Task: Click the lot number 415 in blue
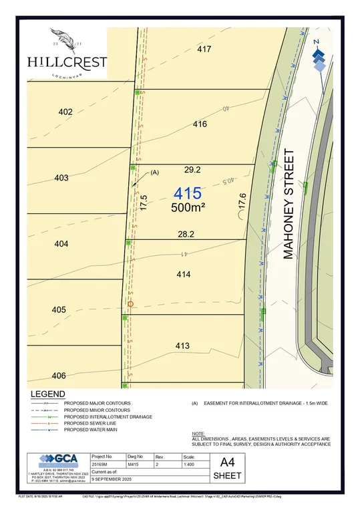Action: (x=188, y=194)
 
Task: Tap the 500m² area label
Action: (x=188, y=208)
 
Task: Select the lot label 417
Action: (x=204, y=49)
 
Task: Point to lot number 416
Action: (x=200, y=124)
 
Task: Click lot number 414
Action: (x=184, y=274)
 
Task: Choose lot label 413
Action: (x=182, y=346)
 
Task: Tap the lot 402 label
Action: (x=65, y=112)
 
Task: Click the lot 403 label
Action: (x=61, y=178)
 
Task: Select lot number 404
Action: (x=61, y=244)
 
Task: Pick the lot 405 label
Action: (x=59, y=309)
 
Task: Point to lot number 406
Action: (x=59, y=375)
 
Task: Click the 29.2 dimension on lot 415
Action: (x=192, y=171)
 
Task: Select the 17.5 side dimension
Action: (x=143, y=203)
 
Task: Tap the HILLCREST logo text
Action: (x=67, y=61)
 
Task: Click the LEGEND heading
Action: (x=47, y=394)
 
